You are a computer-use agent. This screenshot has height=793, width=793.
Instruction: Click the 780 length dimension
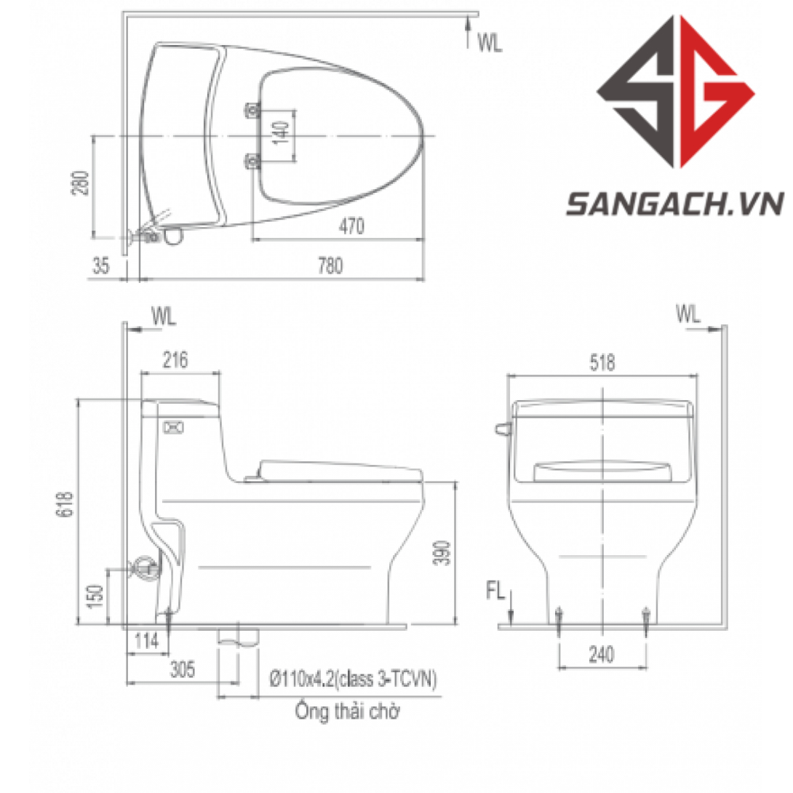330,266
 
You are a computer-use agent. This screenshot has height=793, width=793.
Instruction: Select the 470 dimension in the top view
351,227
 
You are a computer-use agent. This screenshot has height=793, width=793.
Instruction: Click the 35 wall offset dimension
101,266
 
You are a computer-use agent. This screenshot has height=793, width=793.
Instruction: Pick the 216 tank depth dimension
175,359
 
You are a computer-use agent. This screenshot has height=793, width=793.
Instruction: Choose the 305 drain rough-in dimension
182,671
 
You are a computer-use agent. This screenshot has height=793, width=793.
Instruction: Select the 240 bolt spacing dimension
602,655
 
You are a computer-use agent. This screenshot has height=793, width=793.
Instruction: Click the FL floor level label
495,591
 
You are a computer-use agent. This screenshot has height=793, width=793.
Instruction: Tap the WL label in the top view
490,44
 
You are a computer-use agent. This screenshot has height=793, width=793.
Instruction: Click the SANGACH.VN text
674,204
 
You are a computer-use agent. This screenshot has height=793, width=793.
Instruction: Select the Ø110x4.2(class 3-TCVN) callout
353,680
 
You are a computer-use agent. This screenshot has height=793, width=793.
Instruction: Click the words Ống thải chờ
347,711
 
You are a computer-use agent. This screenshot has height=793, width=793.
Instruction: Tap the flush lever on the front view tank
501,429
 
